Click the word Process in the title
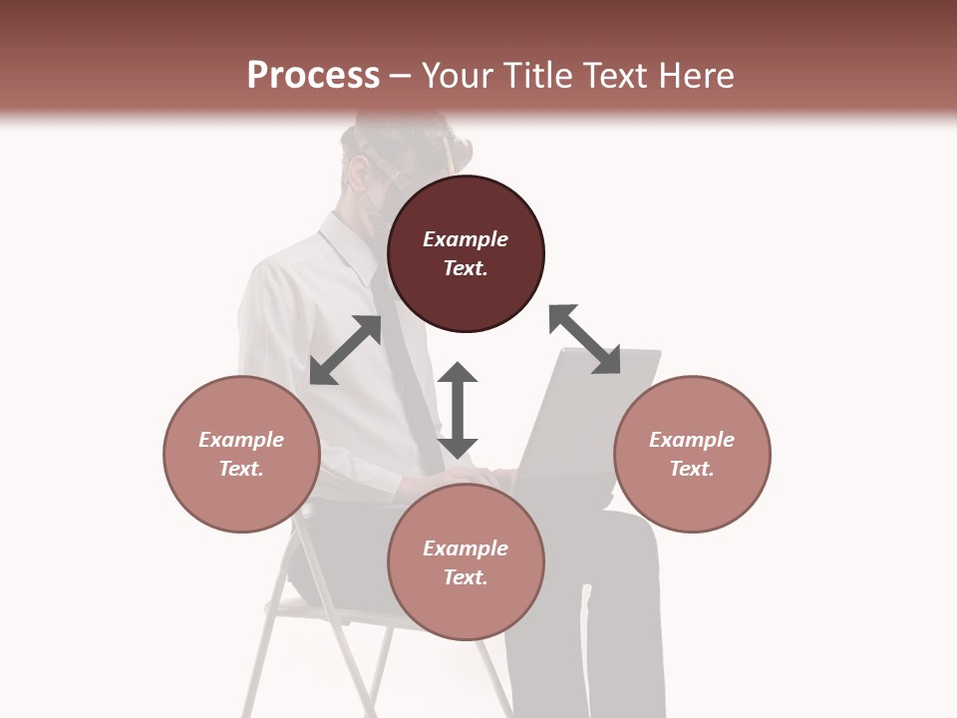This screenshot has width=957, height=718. (x=313, y=75)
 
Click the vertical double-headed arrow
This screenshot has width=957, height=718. (x=458, y=410)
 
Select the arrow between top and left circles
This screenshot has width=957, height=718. (x=345, y=350)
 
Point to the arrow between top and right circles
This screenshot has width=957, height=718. (x=584, y=340)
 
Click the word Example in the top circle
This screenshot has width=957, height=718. (x=466, y=239)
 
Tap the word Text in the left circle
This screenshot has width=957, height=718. (x=240, y=469)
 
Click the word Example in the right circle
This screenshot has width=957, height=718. (x=692, y=440)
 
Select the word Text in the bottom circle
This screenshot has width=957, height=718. (x=465, y=577)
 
